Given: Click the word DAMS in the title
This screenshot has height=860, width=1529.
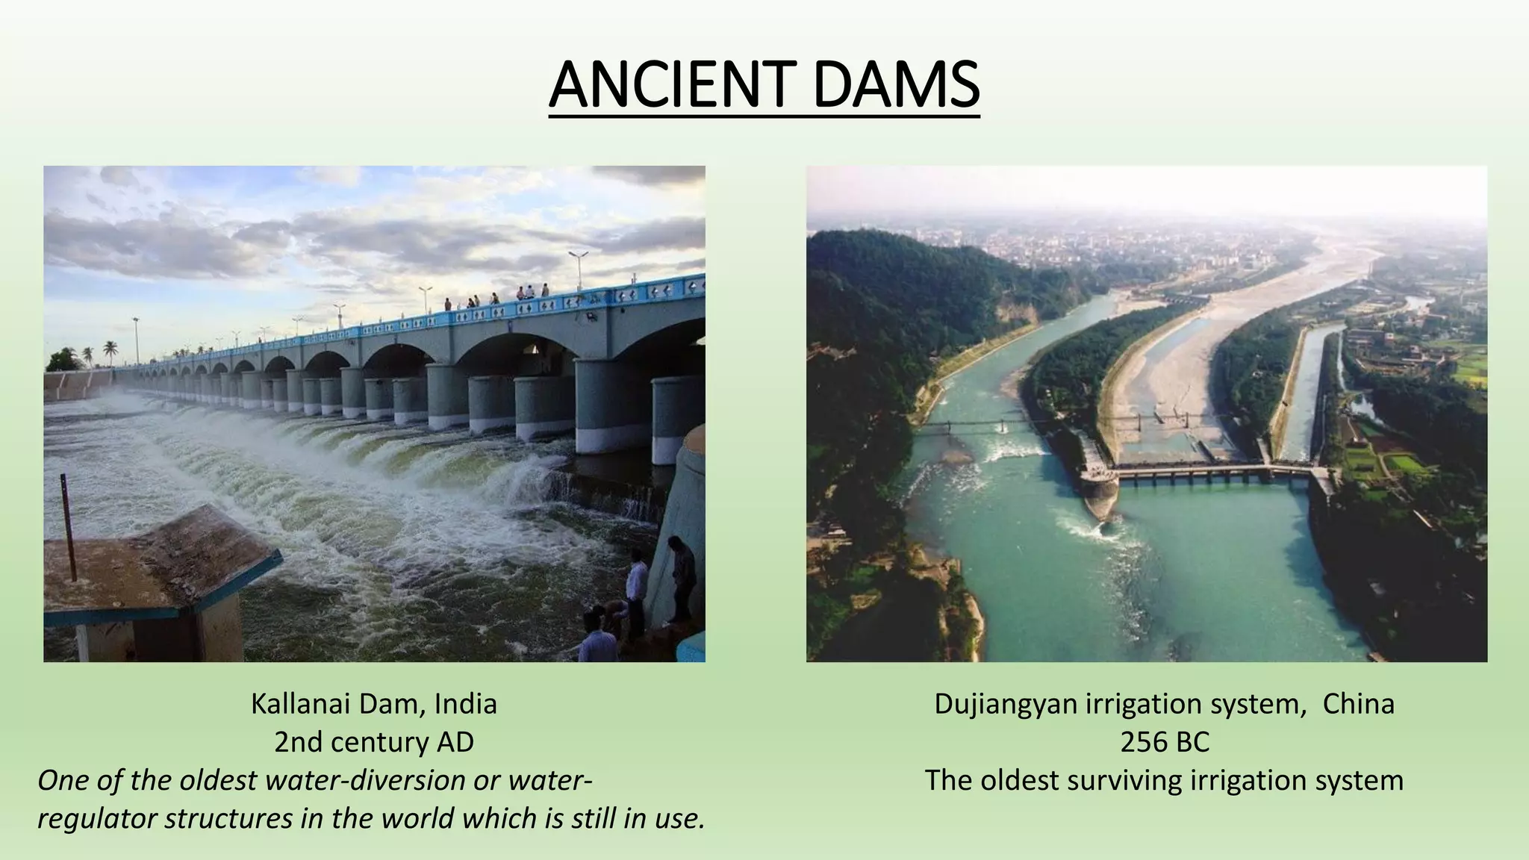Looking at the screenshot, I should [896, 86].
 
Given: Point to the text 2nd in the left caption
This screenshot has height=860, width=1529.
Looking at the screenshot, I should [298, 742].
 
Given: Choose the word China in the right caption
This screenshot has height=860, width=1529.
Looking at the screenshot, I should [1358, 704].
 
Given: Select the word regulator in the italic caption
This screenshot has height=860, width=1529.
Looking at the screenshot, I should [97, 819].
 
